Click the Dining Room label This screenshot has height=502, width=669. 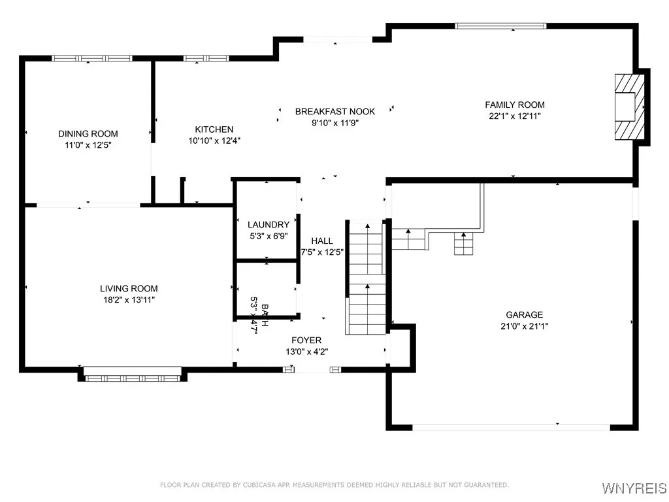88,134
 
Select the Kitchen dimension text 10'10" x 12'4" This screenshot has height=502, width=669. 214,141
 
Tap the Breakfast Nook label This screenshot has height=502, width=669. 334,112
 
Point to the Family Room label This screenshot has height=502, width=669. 514,105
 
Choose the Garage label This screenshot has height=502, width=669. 524,314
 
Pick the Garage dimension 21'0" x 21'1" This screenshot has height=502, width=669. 524,326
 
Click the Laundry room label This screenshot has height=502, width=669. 268,225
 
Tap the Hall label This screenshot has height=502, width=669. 322,241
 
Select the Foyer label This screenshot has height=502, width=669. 306,341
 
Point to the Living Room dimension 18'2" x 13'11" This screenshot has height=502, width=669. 128,299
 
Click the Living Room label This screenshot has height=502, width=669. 128,288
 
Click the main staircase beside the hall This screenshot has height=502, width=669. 366,278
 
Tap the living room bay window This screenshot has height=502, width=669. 133,375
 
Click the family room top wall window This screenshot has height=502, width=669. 500,26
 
